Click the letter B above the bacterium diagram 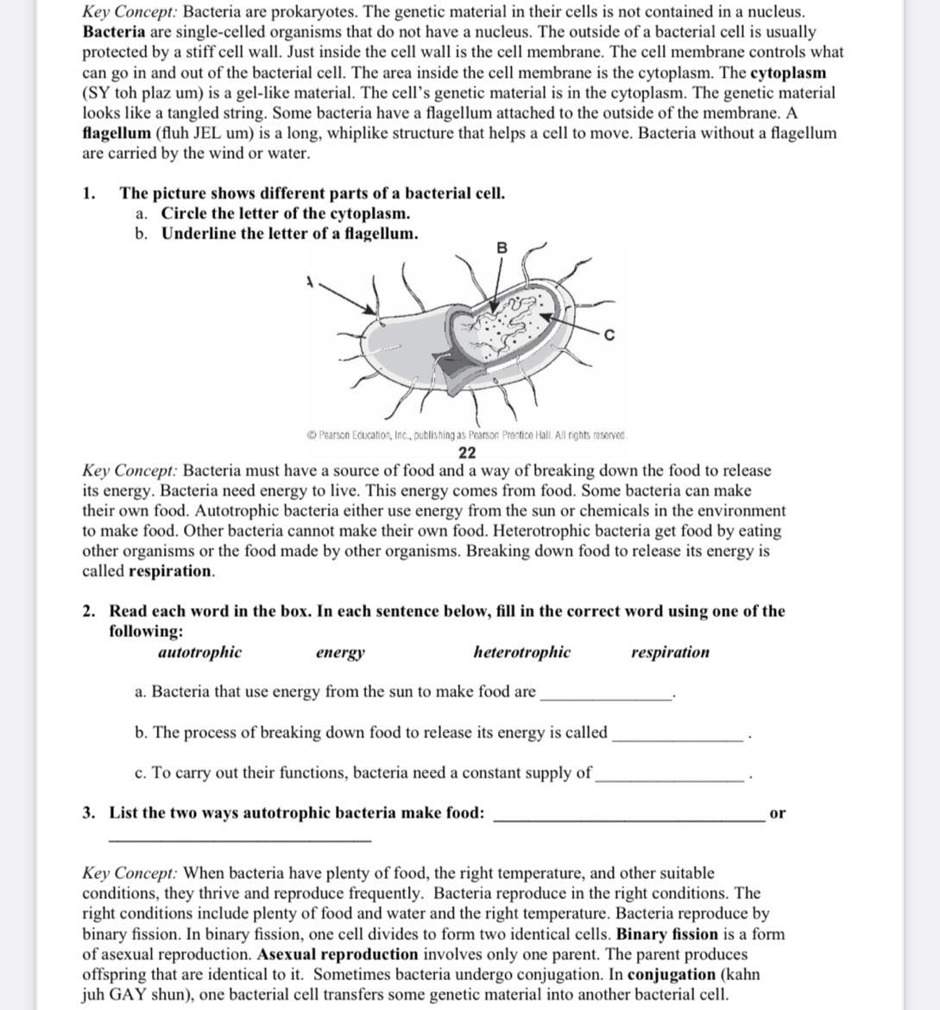pos(502,248)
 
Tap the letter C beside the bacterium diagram pos(609,335)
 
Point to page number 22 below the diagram pos(467,452)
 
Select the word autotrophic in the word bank pos(199,653)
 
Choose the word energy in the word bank pos(340,653)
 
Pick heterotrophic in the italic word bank pos(521,653)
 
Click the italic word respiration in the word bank pos(670,653)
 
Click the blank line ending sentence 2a pos(605,695)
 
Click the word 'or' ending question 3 pos(777,813)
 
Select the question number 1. pos(89,193)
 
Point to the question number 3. pos(89,813)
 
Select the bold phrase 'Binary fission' pos(667,934)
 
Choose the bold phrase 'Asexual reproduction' pos(338,955)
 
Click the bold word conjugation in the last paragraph pos(672,975)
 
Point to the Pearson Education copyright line pos(467,435)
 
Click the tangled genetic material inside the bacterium pos(509,324)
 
